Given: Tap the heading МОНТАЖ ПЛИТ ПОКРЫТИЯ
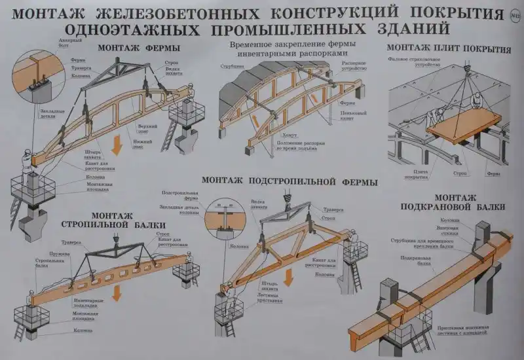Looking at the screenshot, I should [x=449, y=48].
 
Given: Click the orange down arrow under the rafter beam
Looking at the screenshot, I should [x=117, y=292].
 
